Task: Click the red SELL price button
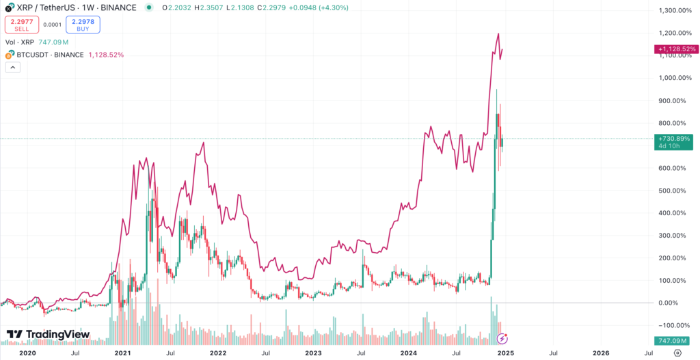(x=21, y=25)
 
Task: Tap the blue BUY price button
(x=83, y=25)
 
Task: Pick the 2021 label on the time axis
(x=123, y=353)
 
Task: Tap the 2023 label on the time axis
(x=313, y=353)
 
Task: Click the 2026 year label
(x=600, y=353)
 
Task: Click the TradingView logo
(x=48, y=334)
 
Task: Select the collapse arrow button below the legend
(x=12, y=68)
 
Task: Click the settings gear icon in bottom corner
(x=677, y=353)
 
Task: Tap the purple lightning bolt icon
(x=502, y=338)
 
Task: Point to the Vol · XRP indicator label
(x=20, y=41)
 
